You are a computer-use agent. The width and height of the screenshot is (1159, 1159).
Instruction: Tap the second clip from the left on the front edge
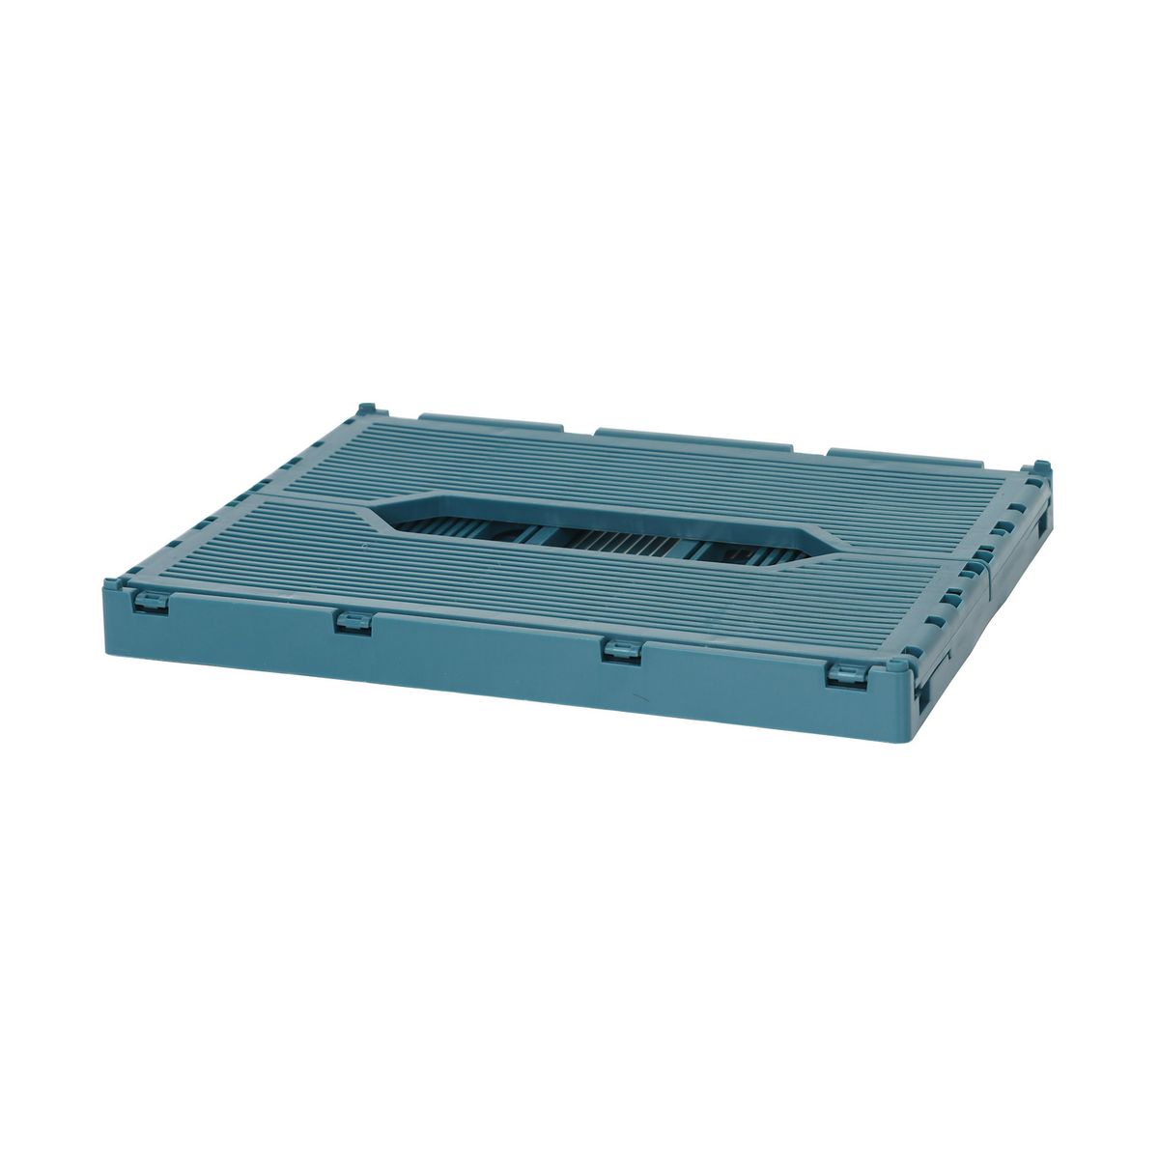pos(353,623)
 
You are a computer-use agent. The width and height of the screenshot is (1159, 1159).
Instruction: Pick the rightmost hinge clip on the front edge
pos(847,675)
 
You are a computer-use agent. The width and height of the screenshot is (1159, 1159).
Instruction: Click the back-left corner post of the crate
pos(366,410)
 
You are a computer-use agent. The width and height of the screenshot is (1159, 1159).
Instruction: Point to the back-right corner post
pos(1040,469)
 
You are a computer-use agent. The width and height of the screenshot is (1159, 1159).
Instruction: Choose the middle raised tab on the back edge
pos(692,438)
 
